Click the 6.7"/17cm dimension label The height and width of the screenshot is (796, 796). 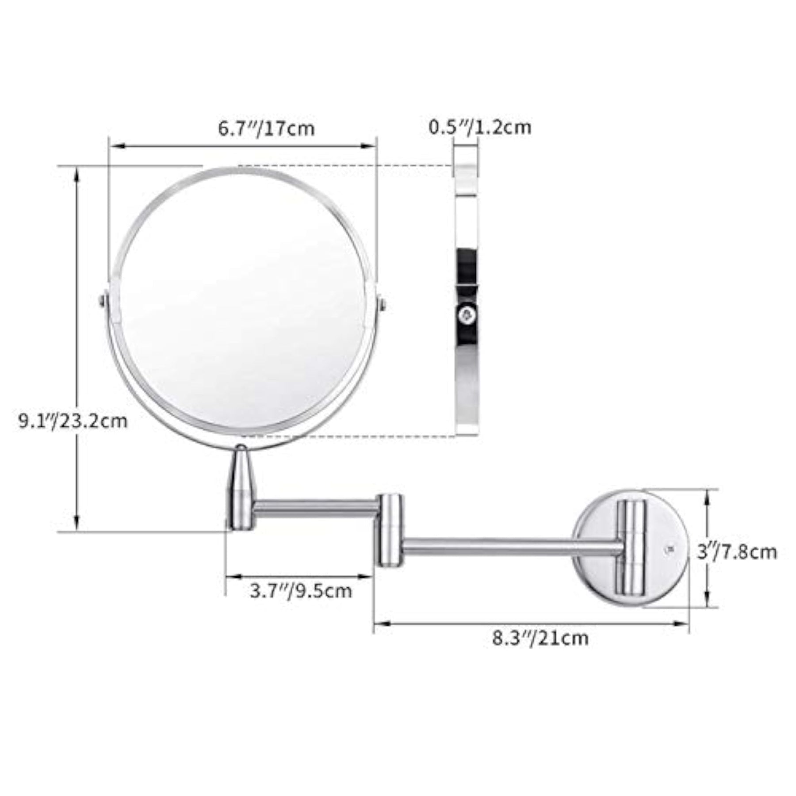(266, 128)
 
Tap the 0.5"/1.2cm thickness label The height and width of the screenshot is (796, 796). (480, 127)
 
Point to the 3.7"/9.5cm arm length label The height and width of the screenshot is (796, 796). (301, 591)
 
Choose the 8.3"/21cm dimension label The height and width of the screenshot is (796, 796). (540, 638)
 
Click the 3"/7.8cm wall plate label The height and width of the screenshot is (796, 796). (737, 552)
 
